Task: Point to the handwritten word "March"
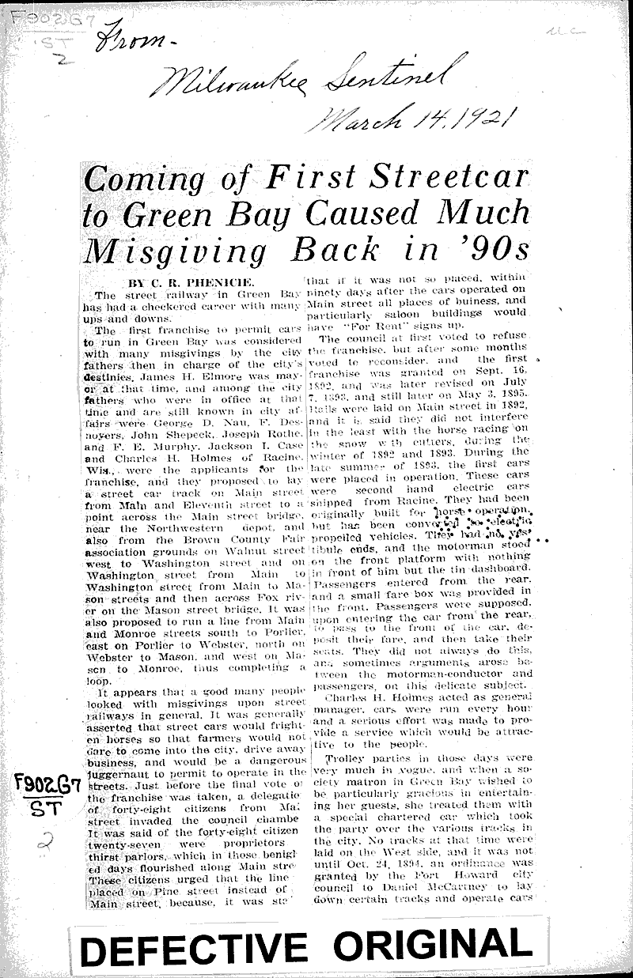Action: [353, 119]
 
